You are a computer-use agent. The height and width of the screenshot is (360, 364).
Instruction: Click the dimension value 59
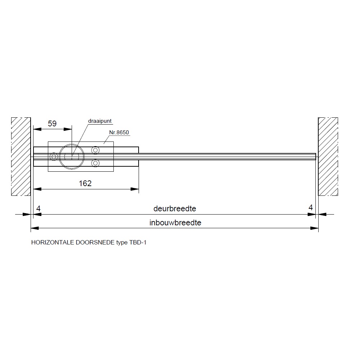pos(52,123)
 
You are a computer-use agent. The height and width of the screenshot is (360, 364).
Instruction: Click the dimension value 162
pos(85,183)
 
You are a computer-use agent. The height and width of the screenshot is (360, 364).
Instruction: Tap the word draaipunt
pos(100,121)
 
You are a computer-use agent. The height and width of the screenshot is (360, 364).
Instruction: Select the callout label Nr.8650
pos(119,132)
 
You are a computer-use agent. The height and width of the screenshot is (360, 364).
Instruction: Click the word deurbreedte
pos(175,209)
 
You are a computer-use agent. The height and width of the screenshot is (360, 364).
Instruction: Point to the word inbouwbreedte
pos(175,223)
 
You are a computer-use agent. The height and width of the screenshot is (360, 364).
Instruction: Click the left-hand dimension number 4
pos(38,208)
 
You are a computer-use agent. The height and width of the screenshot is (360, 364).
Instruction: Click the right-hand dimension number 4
pos(311,207)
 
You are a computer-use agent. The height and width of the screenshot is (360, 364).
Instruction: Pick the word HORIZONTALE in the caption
pos(53,242)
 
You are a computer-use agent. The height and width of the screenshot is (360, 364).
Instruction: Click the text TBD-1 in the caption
pos(138,242)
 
